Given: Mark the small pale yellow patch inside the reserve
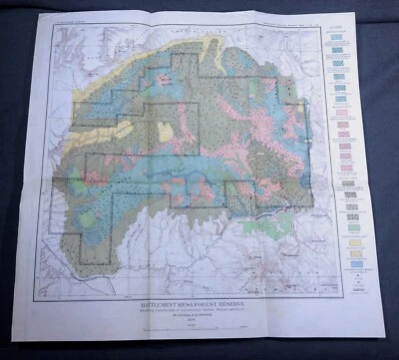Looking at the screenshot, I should point(165,133).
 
